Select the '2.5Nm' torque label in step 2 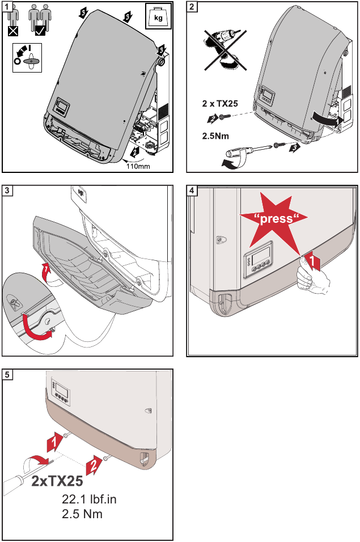(215, 137)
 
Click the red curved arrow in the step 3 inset (36, 329)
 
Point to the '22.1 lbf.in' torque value (93, 500)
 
